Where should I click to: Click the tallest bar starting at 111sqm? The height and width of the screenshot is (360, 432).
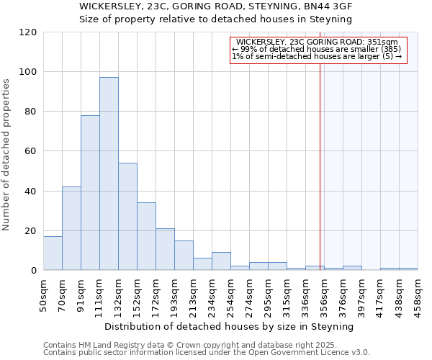click(109, 174)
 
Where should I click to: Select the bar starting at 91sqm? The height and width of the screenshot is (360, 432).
click(90, 193)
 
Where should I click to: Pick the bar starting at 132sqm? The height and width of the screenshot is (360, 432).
click(127, 217)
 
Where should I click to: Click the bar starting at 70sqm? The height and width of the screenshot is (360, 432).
click(71, 228)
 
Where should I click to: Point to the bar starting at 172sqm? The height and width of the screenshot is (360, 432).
click(165, 249)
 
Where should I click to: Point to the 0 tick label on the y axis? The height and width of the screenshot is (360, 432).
click(34, 271)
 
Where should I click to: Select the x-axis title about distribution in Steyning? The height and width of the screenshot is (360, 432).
click(229, 326)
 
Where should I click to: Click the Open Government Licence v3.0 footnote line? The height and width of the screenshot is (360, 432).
click(207, 352)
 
